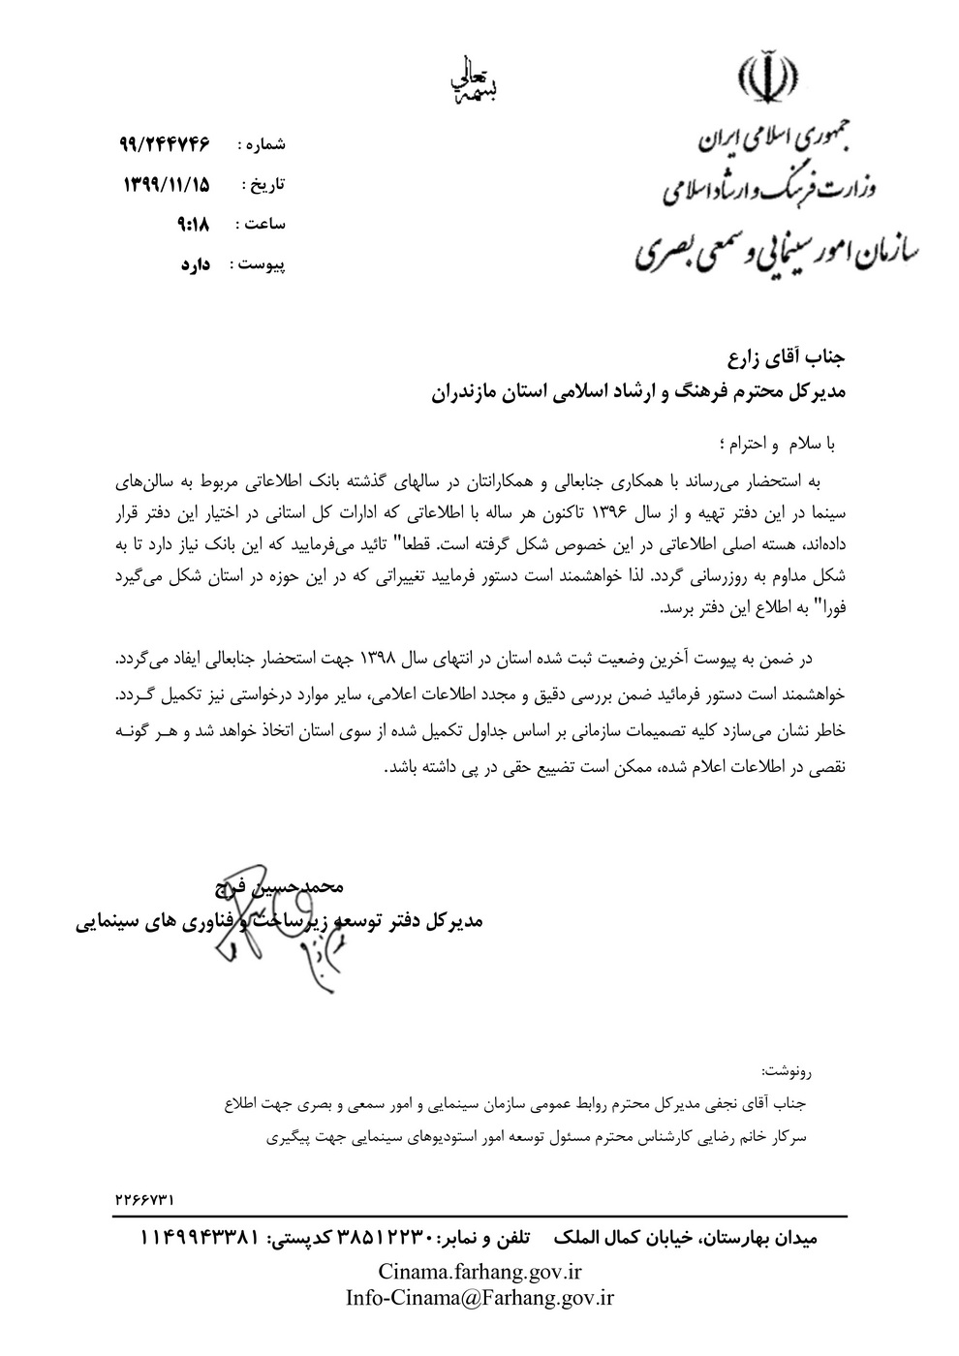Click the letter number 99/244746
(x=168, y=144)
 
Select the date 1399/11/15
(x=168, y=184)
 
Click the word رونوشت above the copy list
(x=788, y=1072)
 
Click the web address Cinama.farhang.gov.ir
(x=479, y=1270)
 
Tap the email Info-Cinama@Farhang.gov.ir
(x=479, y=1297)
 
